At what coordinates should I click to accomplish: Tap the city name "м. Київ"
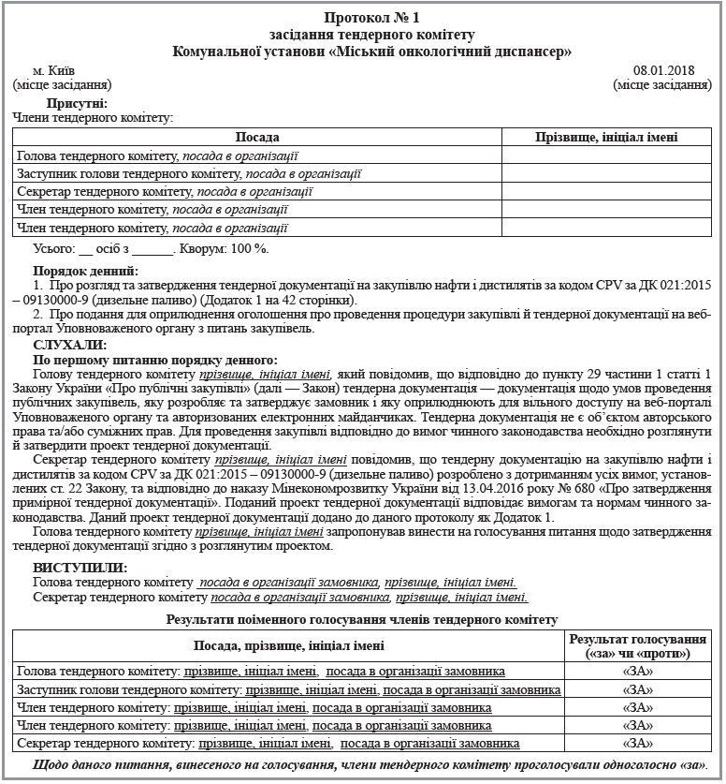tap(54, 70)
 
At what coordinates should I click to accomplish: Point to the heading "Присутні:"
tap(76, 103)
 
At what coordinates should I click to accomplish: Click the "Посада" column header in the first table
tap(257, 138)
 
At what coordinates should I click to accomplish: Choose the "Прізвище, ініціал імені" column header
tap(606, 138)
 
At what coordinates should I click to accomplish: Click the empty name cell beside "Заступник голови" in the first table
tap(606, 173)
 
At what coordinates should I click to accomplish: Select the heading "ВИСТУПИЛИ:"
tap(80, 568)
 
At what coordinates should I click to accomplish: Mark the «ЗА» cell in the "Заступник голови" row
tap(637, 689)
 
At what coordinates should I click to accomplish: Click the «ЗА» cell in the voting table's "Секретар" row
tap(637, 743)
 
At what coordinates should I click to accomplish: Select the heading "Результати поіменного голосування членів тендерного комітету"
tap(362, 619)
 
